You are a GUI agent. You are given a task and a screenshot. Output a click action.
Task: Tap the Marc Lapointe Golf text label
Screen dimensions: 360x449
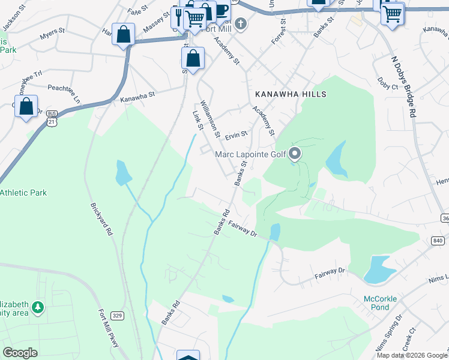click(251, 155)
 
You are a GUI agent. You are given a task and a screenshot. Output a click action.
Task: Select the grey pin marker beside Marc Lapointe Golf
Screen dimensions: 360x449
click(295, 154)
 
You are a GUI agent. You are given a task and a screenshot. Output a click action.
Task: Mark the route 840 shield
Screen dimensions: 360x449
click(437, 241)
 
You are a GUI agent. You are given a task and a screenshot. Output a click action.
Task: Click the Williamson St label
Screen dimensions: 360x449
click(211, 118)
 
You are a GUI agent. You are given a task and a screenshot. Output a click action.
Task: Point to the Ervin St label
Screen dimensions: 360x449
click(236, 135)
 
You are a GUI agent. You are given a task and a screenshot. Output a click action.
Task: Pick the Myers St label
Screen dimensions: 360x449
click(52, 37)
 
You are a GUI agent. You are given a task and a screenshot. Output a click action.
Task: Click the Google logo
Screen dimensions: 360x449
click(20, 352)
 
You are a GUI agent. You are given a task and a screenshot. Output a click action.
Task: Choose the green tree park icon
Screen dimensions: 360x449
click(37, 307)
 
